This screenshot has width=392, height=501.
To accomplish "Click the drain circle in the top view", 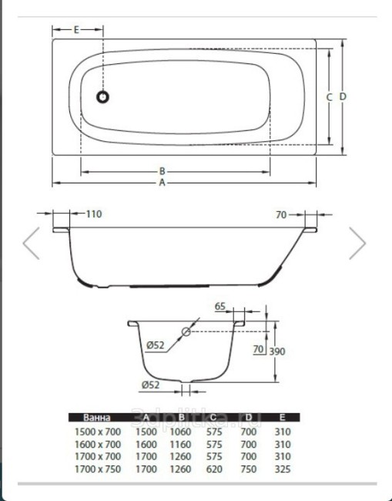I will coord(103,97).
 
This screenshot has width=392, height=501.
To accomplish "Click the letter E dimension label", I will coord(76,30).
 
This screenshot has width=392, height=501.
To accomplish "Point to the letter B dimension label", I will coord(162,171).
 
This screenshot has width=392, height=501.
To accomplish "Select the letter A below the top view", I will coord(162,183).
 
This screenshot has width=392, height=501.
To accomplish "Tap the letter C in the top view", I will coord(329,97).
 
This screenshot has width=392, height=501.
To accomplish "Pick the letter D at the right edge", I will coord(343,97).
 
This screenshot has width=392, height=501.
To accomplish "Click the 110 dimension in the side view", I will coord(94,214).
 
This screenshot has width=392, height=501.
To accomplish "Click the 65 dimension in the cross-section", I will coord(219,307).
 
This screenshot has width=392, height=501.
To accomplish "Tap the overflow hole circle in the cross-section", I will coord(186,333).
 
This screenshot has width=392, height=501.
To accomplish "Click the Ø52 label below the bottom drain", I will coord(151,385).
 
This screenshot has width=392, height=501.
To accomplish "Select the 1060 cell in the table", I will coord(181,432).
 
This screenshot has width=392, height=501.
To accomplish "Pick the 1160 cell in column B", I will coord(181,444).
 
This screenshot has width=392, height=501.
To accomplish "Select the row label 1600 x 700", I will coord(96,444).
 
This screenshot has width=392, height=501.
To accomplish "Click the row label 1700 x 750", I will coord(96,468).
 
